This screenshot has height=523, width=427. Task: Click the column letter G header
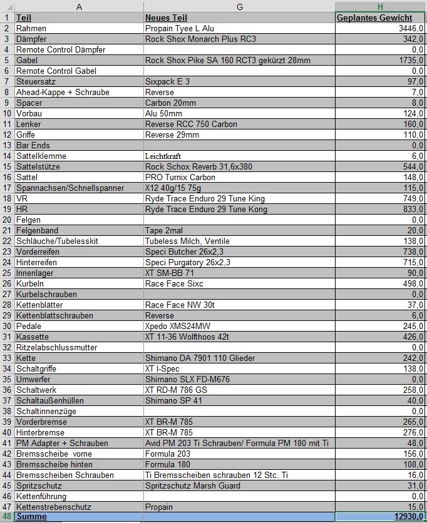tap(239, 6)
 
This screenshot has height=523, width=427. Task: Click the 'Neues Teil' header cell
tap(166, 18)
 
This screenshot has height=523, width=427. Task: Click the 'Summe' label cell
tap(31, 517)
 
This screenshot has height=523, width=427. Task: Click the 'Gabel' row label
tap(27, 60)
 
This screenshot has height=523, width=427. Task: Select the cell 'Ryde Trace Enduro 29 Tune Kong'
tap(205, 209)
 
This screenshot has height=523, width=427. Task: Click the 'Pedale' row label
tap(29, 326)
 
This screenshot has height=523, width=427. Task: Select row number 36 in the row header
tap(6, 390)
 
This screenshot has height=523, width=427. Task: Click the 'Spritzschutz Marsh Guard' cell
tap(192, 485)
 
